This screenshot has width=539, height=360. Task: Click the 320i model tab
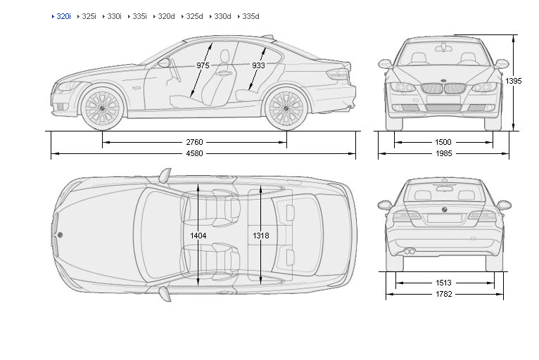(63, 16)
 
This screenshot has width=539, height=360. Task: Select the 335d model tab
(251, 16)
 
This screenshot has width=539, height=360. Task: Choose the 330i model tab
(114, 16)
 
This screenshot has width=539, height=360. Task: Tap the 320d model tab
(166, 16)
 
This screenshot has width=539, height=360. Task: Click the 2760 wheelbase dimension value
(194, 142)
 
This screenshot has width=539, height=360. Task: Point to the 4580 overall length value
(194, 153)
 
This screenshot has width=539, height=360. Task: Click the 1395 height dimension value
(513, 82)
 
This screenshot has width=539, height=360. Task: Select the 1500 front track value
(443, 142)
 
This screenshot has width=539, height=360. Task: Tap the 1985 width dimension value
(443, 153)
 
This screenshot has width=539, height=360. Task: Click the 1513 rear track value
(443, 283)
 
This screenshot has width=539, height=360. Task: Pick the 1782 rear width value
(443, 294)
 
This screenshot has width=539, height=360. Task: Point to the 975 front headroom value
(203, 65)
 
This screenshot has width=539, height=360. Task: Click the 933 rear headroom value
(258, 65)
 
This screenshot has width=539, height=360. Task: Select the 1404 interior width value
(198, 236)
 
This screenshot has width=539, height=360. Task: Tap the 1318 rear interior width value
(260, 236)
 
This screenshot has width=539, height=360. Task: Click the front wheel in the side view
(102, 108)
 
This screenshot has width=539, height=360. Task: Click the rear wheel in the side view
(286, 108)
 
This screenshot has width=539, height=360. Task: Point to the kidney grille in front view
(433, 89)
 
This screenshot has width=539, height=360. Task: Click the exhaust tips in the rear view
(409, 251)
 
